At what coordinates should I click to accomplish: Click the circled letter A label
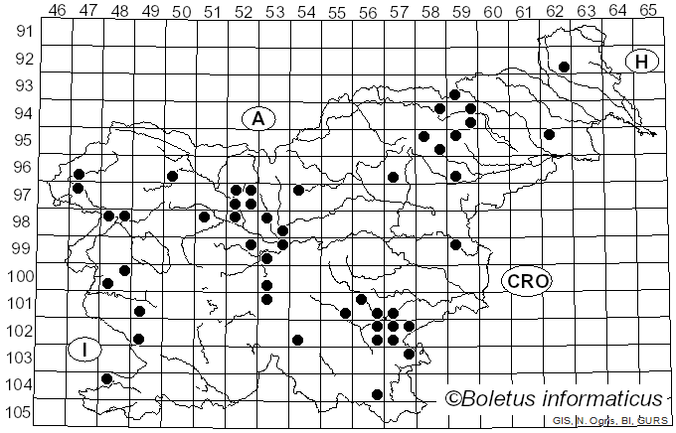click(x=257, y=118)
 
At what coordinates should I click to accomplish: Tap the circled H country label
click(x=642, y=62)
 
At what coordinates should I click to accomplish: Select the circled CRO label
click(x=527, y=281)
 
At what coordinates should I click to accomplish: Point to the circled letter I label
click(x=85, y=350)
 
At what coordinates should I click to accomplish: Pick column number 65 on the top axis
click(x=647, y=11)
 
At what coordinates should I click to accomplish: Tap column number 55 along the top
click(x=337, y=11)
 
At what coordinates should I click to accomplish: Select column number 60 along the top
click(x=492, y=11)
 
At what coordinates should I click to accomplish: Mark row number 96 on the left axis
click(x=23, y=167)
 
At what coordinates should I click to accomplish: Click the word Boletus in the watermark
click(x=502, y=399)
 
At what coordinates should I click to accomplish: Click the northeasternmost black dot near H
click(x=564, y=67)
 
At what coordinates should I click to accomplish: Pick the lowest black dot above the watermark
click(x=377, y=394)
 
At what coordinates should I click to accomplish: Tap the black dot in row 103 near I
click(x=107, y=378)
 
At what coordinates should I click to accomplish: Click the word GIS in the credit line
click(x=563, y=421)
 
